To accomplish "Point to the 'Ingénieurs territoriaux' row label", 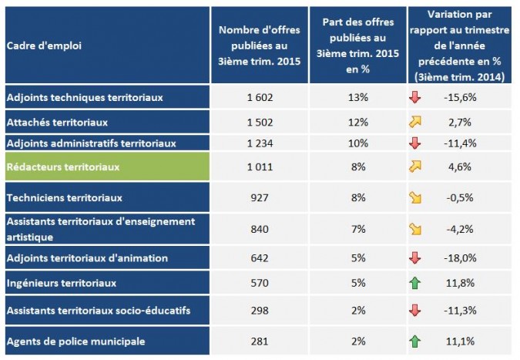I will click(61, 283).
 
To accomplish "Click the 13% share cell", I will click(357, 97).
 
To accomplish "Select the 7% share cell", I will click(357, 228).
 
